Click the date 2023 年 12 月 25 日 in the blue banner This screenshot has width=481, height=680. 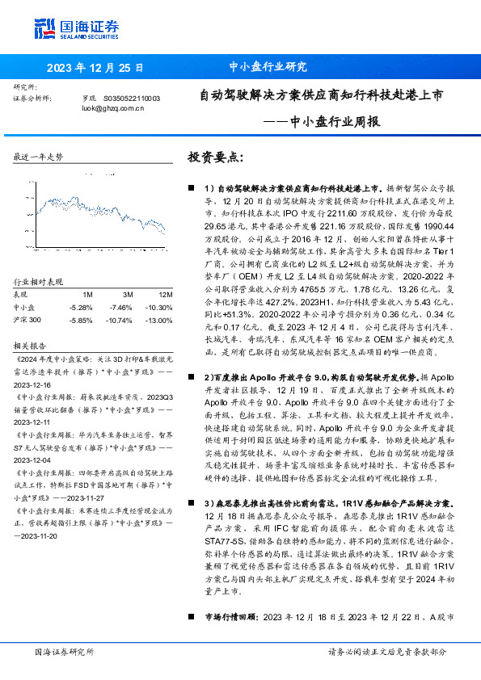(96, 67)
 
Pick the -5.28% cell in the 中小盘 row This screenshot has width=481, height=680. (82, 308)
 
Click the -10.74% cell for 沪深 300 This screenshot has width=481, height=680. (120, 321)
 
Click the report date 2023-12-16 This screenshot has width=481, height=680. (33, 386)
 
